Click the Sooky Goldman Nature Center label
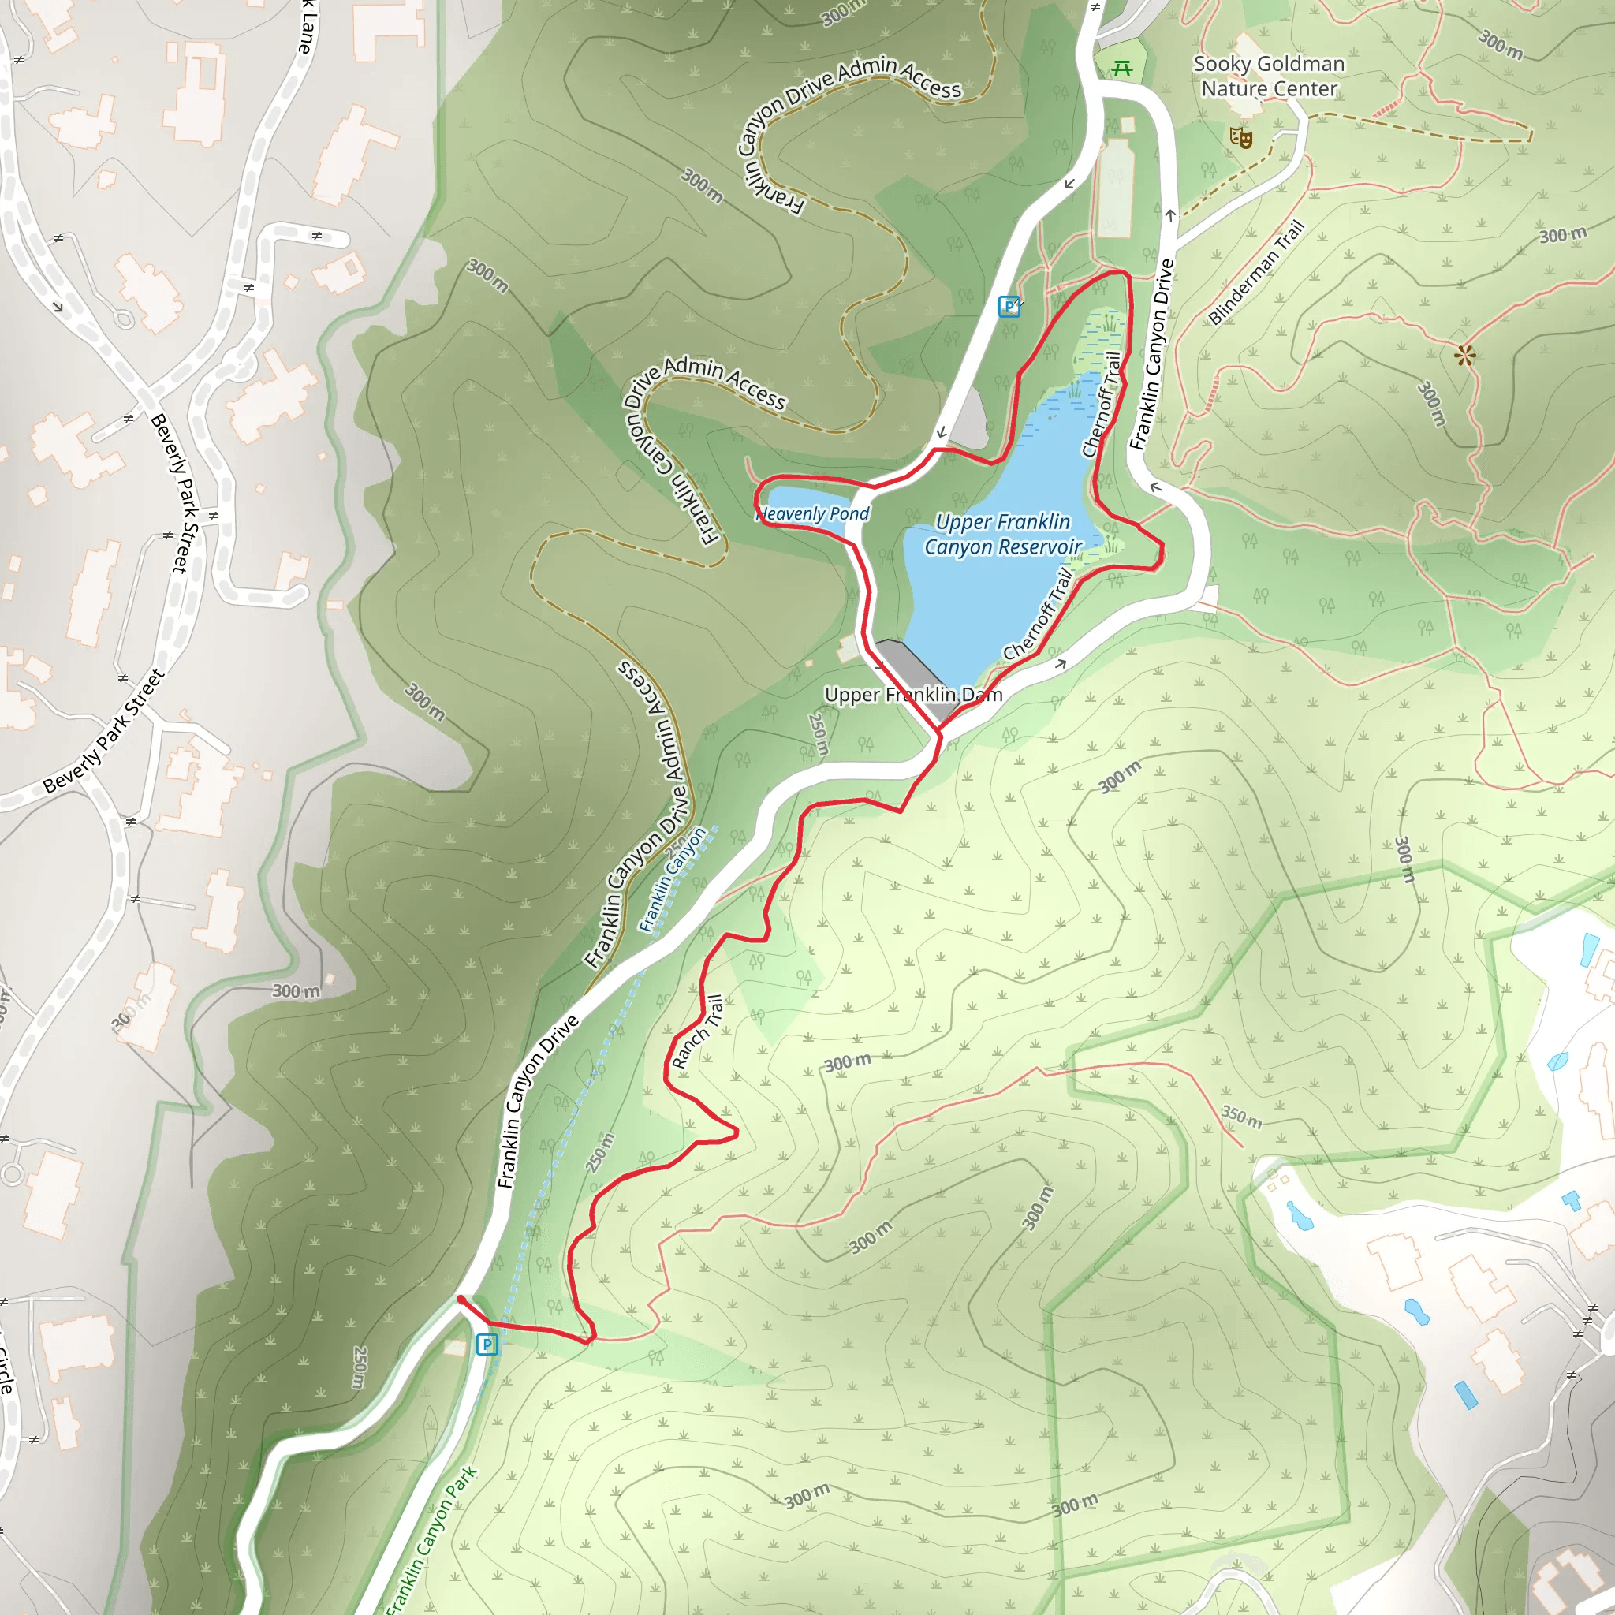(1268, 76)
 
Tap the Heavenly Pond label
(813, 513)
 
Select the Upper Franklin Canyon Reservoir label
(1002, 534)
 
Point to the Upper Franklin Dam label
(913, 695)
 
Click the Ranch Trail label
(698, 1031)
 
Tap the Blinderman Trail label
(1255, 273)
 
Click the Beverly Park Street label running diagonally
(103, 733)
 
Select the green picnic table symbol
(1122, 69)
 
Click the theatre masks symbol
(1241, 137)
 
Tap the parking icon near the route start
(487, 1345)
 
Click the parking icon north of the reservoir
(1009, 306)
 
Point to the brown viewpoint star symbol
(1464, 356)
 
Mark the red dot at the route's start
(461, 1300)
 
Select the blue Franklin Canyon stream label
(672, 880)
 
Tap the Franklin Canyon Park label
(431, 1541)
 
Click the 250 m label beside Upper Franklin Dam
(819, 734)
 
